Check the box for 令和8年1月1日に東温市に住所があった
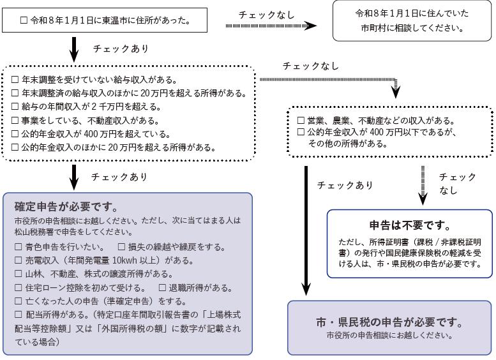coord(24,20)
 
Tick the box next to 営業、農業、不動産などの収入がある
coord(301,121)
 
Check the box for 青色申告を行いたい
coord(18,246)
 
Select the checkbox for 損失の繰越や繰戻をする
coord(121,246)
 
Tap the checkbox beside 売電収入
coord(18,260)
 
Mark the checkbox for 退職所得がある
coord(162,288)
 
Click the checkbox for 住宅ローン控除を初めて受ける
coord(18,288)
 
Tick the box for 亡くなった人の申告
coord(18,301)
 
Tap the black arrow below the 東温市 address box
coord(74,47)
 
